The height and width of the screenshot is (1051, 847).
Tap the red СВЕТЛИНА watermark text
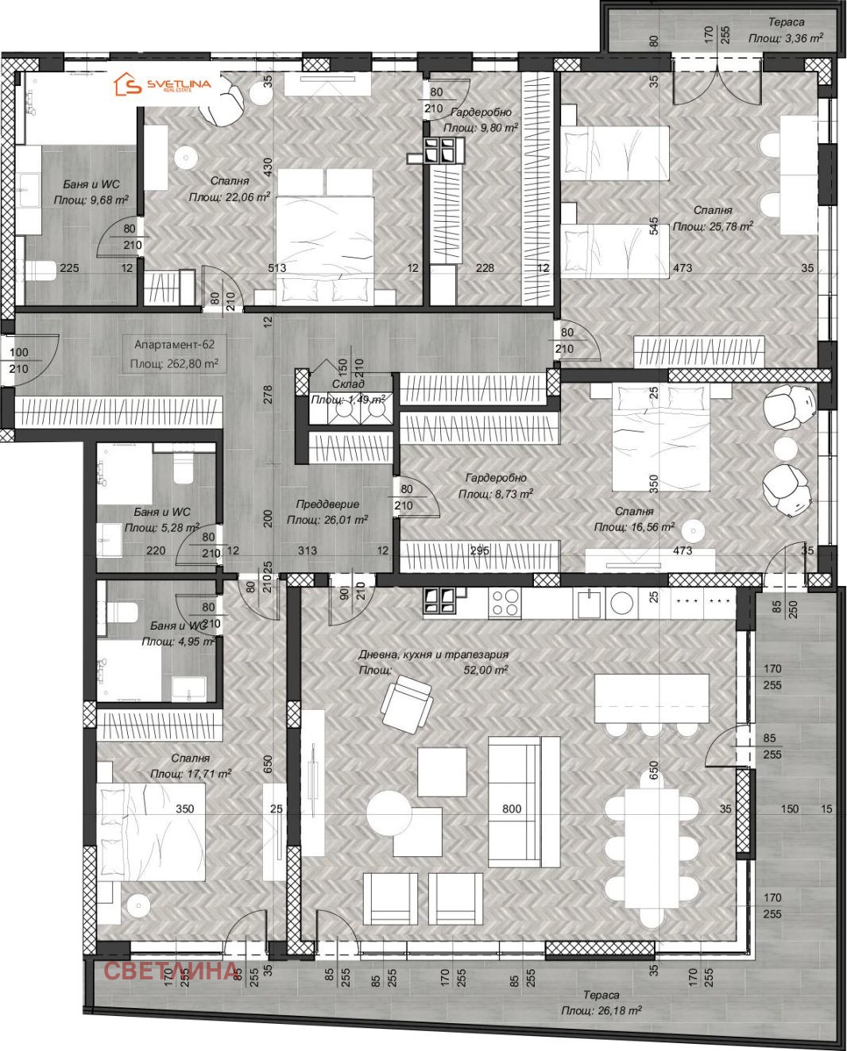[171, 971]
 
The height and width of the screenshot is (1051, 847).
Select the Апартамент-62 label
[174, 344]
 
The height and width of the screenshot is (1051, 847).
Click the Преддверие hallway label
[327, 504]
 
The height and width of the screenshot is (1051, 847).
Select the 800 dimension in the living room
[512, 809]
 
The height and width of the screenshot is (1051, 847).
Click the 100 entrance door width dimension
[18, 352]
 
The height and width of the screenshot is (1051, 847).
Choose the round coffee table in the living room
[389, 812]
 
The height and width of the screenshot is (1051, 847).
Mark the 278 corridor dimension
[268, 394]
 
